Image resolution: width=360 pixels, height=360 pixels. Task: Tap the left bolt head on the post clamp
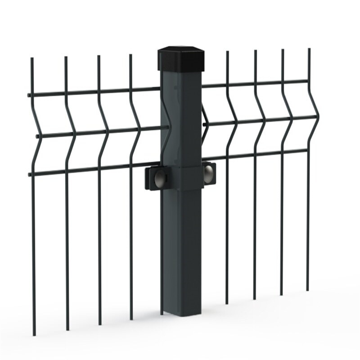tap(160, 179)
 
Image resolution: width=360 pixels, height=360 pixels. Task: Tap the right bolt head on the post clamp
tap(208, 174)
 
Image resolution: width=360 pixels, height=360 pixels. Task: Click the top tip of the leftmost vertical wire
tap(32, 58)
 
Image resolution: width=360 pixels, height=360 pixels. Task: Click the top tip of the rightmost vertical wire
tap(309, 49)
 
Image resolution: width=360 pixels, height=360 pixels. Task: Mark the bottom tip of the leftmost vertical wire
tap(34, 334)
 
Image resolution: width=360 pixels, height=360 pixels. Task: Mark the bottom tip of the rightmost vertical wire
tap(308, 290)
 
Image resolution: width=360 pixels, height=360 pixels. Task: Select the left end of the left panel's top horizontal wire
tap(29, 95)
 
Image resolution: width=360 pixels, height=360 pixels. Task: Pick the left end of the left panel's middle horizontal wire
tap(37, 135)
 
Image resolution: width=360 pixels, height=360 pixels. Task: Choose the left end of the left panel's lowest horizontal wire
tap(30, 174)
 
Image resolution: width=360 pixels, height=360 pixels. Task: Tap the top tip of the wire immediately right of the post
tap(227, 52)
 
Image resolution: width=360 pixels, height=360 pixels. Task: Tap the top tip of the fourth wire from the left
tap(130, 55)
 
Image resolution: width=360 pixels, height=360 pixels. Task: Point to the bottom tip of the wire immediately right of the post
tap(227, 303)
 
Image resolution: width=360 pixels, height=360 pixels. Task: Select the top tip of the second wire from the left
tap(66, 57)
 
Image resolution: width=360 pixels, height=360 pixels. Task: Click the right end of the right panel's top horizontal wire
tap(307, 81)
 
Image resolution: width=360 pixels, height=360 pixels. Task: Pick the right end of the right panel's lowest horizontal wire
tap(307, 150)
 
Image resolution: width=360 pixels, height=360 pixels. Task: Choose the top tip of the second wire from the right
tap(283, 50)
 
